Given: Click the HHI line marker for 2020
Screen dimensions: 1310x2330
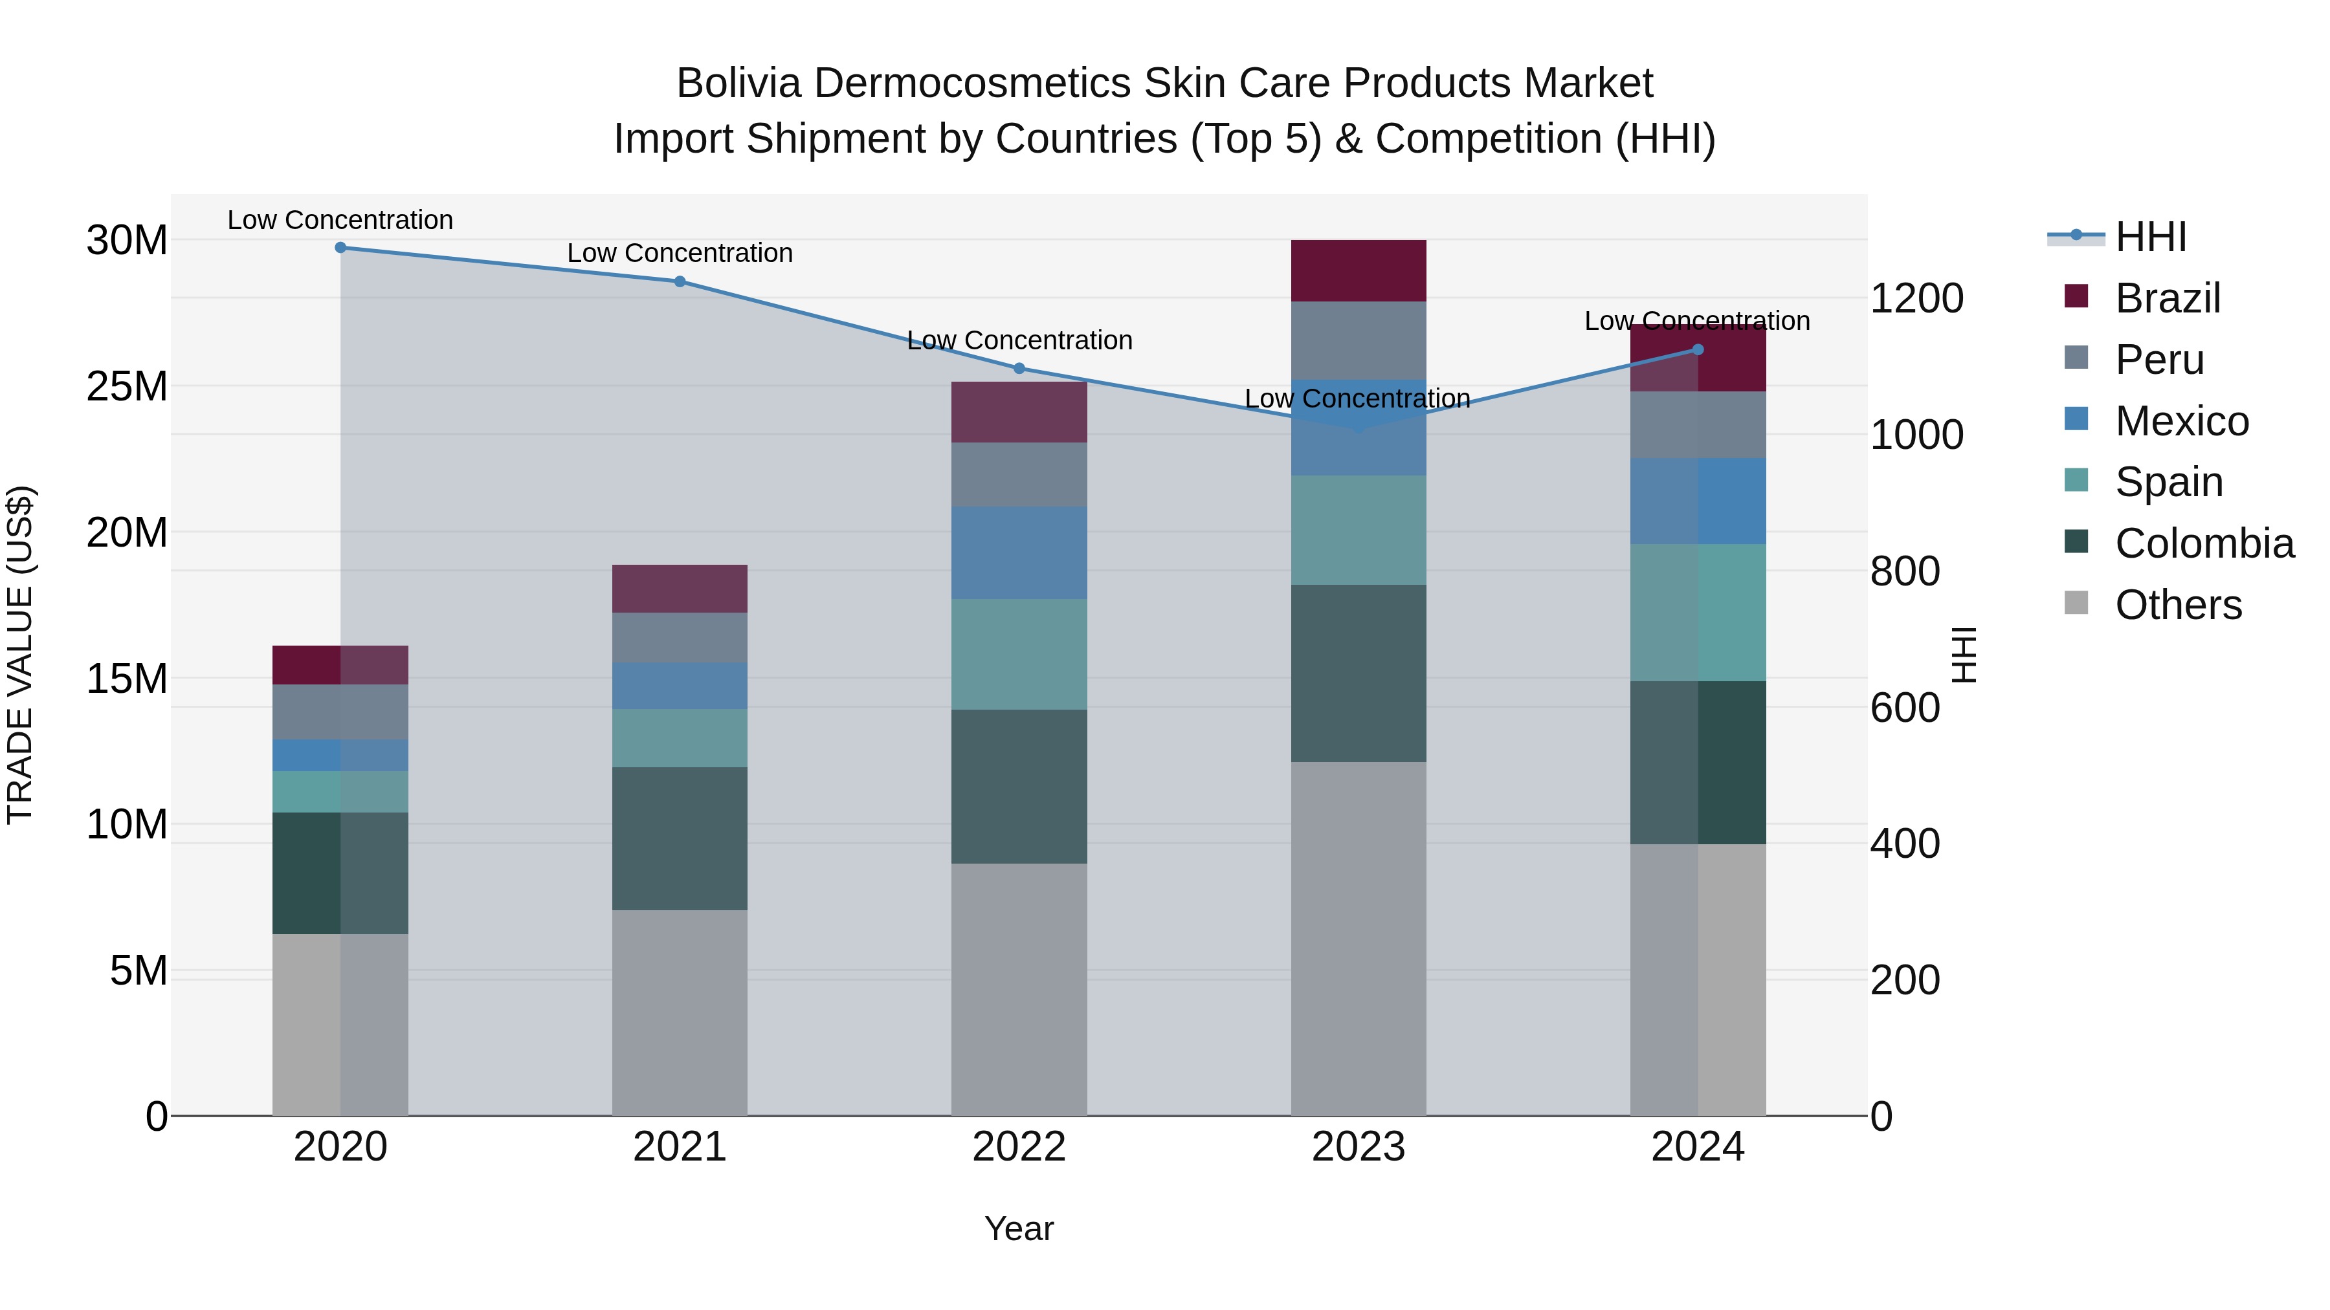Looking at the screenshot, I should [x=340, y=248].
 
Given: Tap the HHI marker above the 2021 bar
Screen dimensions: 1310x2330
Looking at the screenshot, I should [x=680, y=281].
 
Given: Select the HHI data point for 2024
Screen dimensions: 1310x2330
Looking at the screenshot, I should [x=1697, y=350].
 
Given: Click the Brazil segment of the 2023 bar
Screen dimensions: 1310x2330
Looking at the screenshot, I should [x=1358, y=270].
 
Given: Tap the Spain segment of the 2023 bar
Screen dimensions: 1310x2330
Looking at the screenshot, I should [x=1358, y=530].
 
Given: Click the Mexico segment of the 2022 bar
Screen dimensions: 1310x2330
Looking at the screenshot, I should [x=1019, y=552].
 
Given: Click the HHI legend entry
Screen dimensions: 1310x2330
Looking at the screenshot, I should [x=2150, y=237].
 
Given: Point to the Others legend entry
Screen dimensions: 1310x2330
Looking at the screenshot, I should [x=2177, y=605].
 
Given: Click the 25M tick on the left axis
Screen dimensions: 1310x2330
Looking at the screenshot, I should [x=127, y=387].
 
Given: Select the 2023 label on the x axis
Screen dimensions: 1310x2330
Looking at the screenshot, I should [x=1358, y=1147].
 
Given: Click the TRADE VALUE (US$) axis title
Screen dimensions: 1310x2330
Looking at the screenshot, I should [x=20, y=655].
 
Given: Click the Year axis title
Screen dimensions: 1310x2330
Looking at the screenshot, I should [x=1019, y=1228].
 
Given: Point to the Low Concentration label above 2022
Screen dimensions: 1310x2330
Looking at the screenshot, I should [x=1019, y=341].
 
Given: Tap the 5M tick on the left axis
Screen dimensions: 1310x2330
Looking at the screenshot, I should [x=139, y=971].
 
